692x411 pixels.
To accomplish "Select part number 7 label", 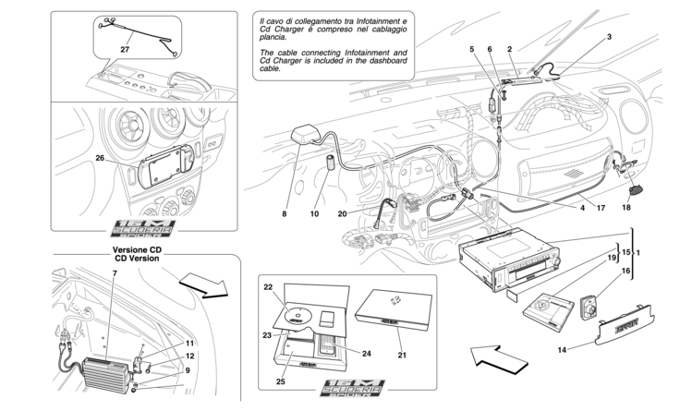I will pos(114,273).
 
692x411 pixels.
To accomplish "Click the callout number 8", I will pos(286,214).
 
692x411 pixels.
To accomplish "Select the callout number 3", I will pos(609,36).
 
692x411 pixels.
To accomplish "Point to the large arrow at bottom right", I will pos(495,356).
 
